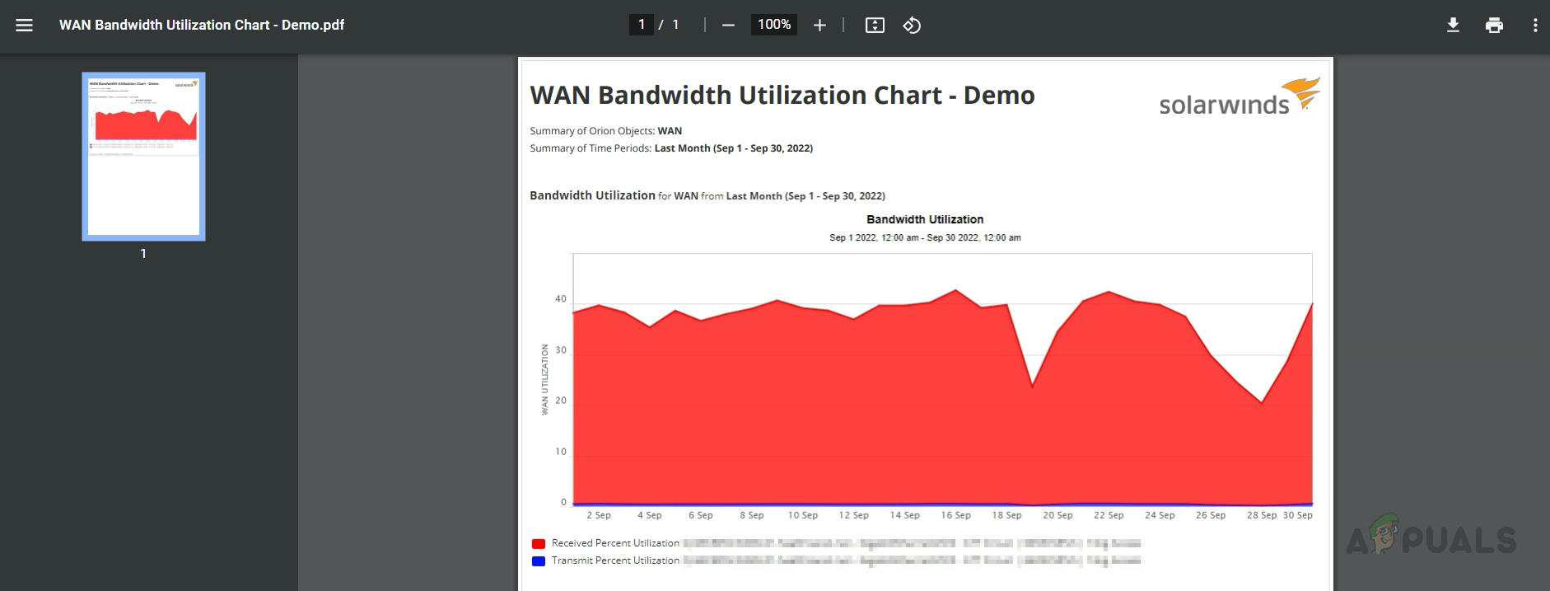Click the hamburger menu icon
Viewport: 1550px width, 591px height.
click(25, 25)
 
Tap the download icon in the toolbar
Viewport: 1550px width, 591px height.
click(1453, 25)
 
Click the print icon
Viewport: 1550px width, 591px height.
click(1494, 25)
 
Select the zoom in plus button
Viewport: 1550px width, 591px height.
click(819, 26)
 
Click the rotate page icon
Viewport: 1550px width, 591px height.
click(912, 26)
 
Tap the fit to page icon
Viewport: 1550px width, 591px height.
click(875, 26)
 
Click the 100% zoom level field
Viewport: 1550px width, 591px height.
click(774, 25)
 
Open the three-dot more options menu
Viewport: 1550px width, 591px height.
click(1535, 25)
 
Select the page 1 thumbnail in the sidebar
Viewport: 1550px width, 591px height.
click(143, 157)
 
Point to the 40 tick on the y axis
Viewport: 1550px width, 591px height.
click(561, 299)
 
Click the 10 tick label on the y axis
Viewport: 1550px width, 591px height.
click(561, 452)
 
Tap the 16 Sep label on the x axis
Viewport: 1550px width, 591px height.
click(955, 515)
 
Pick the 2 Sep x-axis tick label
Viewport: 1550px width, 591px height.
click(599, 515)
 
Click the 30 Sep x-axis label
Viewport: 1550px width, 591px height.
click(1298, 515)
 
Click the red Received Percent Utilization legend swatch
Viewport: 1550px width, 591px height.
click(539, 543)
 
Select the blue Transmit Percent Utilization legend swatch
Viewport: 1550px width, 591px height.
click(539, 561)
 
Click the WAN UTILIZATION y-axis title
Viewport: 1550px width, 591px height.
click(544, 379)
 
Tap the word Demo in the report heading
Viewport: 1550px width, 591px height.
click(999, 96)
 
